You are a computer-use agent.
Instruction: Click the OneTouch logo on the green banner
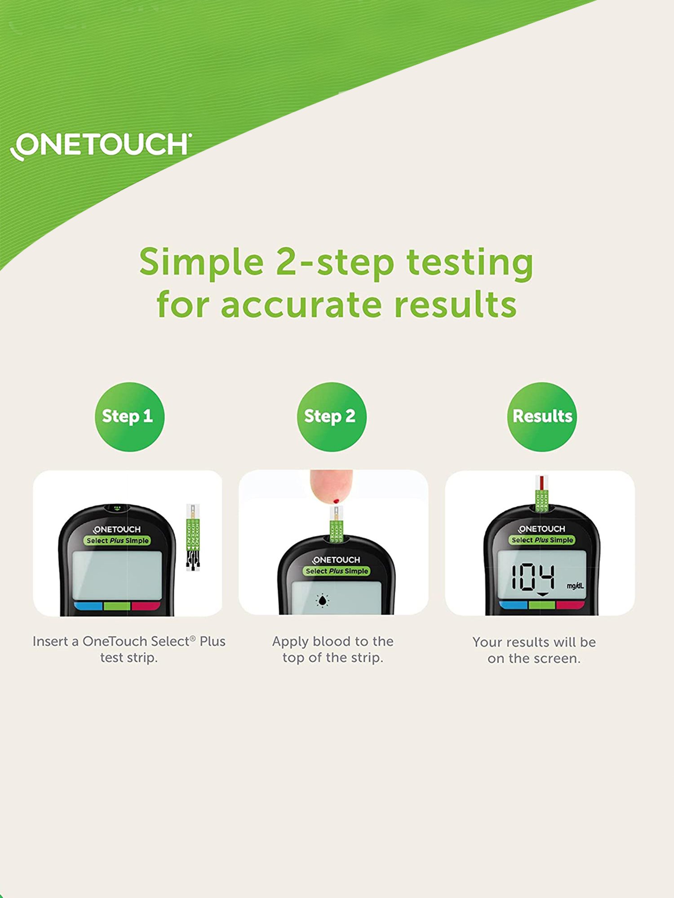[101, 145]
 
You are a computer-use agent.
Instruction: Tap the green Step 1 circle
[129, 417]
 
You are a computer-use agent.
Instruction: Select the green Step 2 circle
[332, 417]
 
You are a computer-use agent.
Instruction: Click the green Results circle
[542, 417]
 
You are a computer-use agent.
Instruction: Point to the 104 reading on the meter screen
[533, 577]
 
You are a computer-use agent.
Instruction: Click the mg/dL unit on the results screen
[575, 586]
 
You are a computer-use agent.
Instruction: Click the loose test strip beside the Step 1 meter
[193, 537]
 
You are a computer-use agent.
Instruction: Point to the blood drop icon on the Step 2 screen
[323, 600]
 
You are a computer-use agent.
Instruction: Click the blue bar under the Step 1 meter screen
[88, 606]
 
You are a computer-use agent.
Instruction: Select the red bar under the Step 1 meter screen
[146, 606]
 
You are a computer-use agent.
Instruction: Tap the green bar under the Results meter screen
[542, 605]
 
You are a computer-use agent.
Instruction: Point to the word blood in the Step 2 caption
[332, 642]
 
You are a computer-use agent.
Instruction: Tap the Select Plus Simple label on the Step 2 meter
[337, 571]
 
